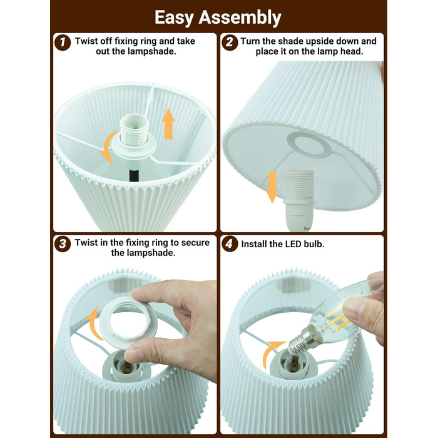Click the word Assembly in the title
coord(240,18)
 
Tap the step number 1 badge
coord(63,43)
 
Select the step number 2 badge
coord(230,43)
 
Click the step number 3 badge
coord(63,244)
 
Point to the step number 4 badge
coord(230,244)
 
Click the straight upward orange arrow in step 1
coord(168,124)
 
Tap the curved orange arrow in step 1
coord(106,148)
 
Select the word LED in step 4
coord(293,244)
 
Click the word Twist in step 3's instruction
coord(86,243)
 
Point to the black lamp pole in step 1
coord(134,175)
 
